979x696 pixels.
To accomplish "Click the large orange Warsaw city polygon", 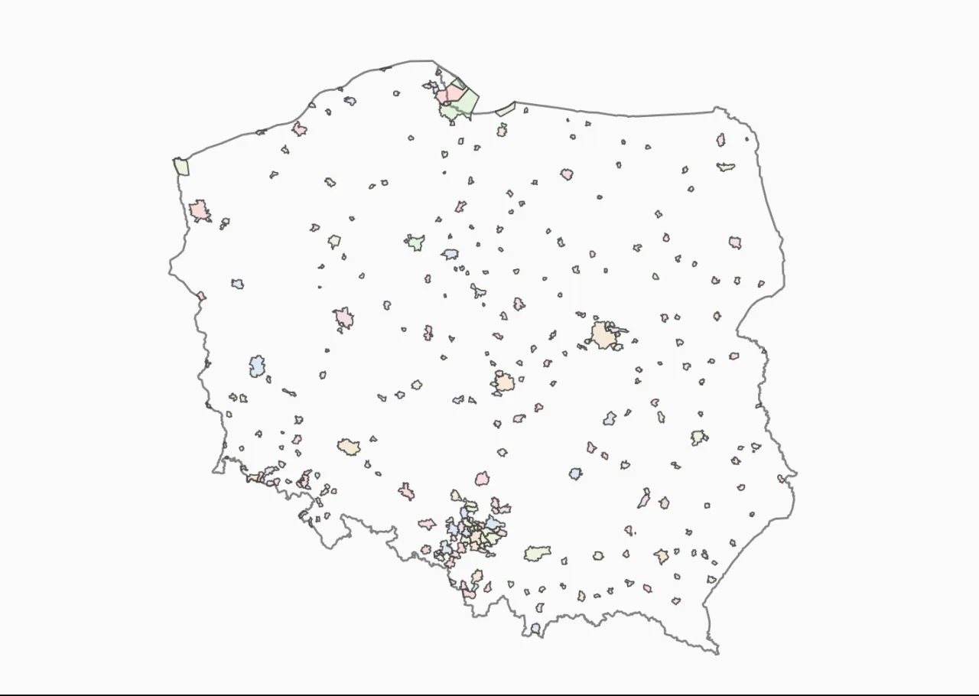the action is tap(603, 335).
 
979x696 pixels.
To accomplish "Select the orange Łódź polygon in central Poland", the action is tap(503, 382).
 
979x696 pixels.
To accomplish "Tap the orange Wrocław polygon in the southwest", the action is tap(349, 447).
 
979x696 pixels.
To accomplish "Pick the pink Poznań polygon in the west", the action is tap(343, 317).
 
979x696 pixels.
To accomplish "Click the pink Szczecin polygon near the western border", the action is tap(200, 210).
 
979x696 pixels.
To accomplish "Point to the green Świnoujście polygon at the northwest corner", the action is tap(181, 166).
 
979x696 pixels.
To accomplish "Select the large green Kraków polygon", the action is tap(537, 552).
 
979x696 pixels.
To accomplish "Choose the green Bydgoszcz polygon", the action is tap(415, 242).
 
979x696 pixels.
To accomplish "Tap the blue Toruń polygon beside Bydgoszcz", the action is tap(450, 254).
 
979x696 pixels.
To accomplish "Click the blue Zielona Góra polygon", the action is tap(257, 366).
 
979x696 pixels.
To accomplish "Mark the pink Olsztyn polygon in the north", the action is tap(567, 174).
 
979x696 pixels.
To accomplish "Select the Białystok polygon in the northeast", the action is tap(735, 242).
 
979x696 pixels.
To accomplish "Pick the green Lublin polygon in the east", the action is tap(698, 437).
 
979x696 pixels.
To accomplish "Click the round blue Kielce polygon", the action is tap(575, 474).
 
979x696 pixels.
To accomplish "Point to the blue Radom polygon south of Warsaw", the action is tap(610, 418).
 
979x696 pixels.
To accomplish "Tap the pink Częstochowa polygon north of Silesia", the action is tap(482, 479).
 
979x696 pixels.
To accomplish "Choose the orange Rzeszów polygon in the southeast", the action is tap(661, 556).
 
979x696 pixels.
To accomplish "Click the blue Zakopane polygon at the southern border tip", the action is tap(535, 629).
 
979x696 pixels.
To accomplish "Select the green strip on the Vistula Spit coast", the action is tap(505, 110).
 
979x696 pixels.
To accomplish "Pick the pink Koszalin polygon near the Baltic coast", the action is tap(299, 129).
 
